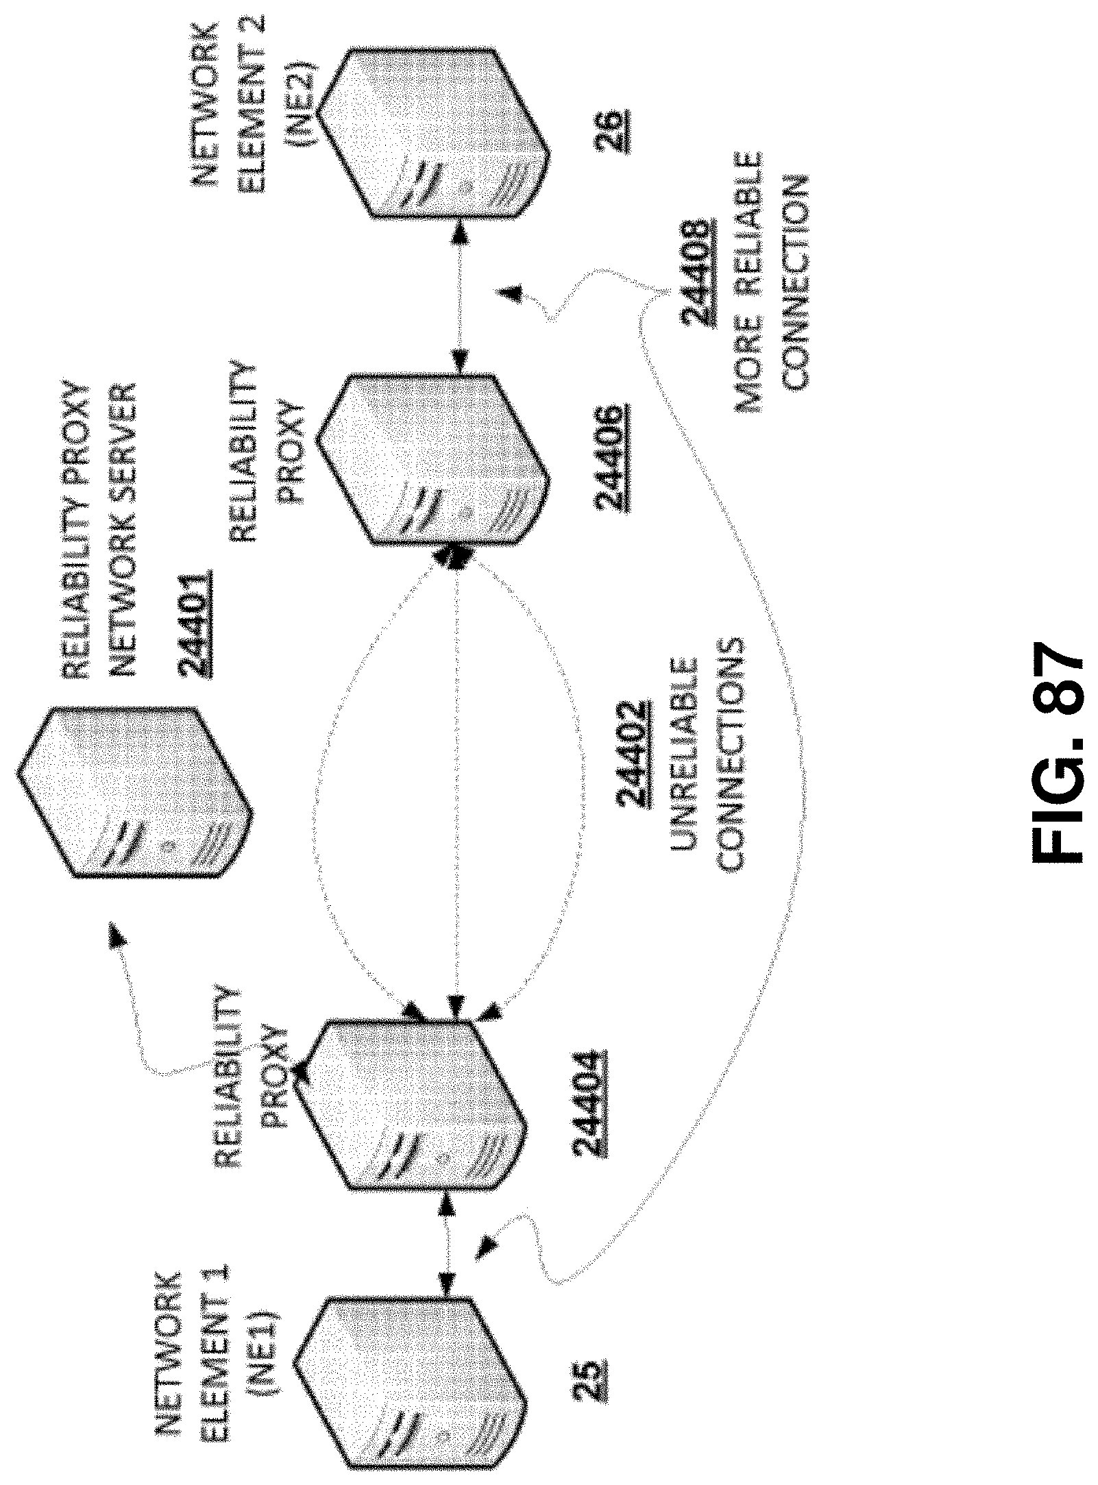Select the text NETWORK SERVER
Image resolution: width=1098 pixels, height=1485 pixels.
121,531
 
